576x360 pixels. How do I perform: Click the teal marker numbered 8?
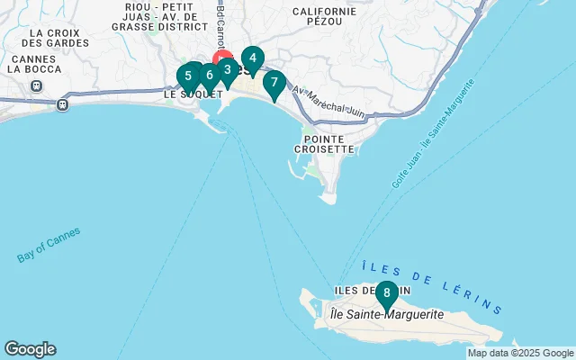tap(386, 293)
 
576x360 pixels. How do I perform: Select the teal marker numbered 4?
tap(252, 59)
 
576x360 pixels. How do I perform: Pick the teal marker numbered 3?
tap(227, 69)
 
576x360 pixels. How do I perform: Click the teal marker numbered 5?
tap(188, 76)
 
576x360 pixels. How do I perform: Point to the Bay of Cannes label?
tap(49, 245)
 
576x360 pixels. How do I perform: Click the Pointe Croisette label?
tap(323, 143)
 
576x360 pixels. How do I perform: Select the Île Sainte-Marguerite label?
tap(387, 314)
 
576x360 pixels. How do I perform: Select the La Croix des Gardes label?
tap(44, 37)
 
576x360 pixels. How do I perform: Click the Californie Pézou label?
tap(324, 17)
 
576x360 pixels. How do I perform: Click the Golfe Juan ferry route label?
tap(433, 134)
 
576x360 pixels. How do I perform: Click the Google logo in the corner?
tap(30, 349)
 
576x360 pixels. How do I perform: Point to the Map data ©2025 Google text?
tap(520, 353)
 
